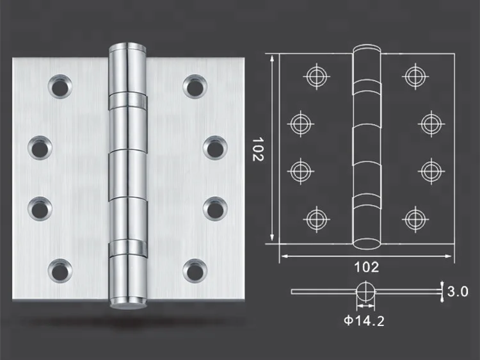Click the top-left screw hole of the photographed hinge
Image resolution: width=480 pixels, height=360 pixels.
click(x=60, y=86)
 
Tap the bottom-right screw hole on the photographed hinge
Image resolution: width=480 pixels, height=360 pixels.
click(x=195, y=271)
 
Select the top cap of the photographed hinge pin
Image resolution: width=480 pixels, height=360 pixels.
click(x=127, y=47)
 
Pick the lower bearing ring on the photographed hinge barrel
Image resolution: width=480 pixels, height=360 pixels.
click(x=127, y=247)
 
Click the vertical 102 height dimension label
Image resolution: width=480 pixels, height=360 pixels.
click(x=258, y=149)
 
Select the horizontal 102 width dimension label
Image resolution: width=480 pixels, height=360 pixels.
click(x=367, y=267)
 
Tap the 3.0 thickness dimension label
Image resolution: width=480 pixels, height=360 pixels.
click(x=458, y=291)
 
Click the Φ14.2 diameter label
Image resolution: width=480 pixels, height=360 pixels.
click(x=364, y=321)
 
